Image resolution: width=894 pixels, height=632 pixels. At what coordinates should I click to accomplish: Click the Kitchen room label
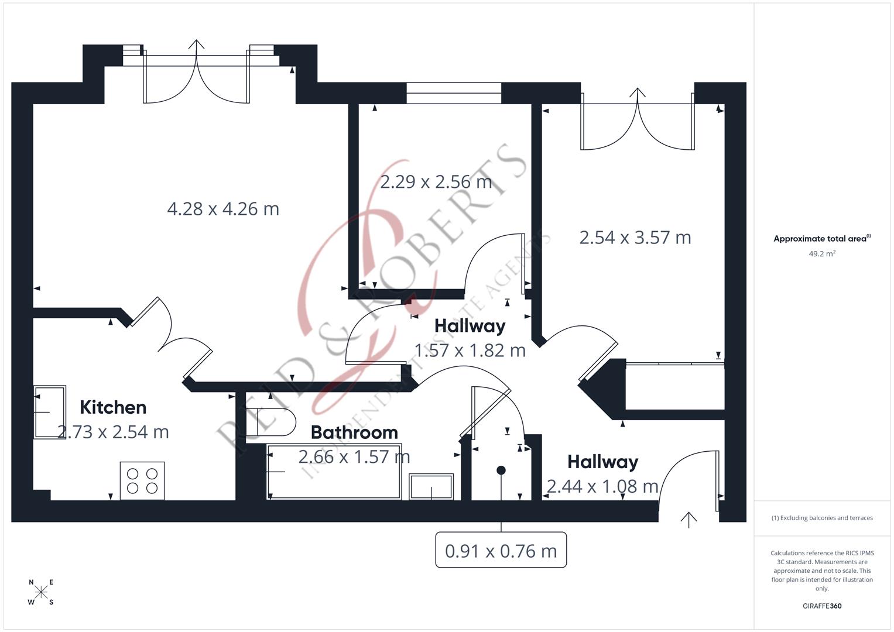(113, 407)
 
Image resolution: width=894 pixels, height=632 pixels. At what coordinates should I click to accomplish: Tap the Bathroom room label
(354, 432)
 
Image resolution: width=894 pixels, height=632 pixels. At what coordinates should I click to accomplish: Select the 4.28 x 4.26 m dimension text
(223, 209)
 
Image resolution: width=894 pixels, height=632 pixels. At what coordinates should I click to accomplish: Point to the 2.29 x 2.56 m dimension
(436, 182)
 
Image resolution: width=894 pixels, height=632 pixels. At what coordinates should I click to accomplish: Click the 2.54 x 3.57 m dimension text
(635, 238)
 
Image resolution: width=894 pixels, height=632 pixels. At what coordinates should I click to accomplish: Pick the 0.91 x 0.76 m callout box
(501, 551)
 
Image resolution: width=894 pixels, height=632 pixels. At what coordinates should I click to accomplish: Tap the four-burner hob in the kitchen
(142, 480)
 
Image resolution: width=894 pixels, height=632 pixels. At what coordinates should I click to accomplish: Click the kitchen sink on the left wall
(50, 412)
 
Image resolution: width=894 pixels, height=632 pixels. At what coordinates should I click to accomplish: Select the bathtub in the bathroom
(334, 472)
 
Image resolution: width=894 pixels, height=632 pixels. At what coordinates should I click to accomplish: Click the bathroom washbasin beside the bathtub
(431, 486)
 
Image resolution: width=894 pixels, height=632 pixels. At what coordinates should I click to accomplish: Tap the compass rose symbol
(41, 592)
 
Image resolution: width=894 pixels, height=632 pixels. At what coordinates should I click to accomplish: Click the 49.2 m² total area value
(822, 254)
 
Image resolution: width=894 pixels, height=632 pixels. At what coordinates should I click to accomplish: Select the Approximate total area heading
(821, 239)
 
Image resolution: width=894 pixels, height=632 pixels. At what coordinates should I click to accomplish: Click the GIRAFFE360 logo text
(822, 606)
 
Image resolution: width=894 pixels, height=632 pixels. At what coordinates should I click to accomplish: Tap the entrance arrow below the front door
(689, 519)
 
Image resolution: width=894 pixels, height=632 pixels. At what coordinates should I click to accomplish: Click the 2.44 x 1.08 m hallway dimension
(602, 486)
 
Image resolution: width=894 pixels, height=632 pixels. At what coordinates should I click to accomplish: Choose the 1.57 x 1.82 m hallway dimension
(470, 351)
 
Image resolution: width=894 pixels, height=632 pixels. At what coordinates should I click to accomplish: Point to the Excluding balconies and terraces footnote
(822, 518)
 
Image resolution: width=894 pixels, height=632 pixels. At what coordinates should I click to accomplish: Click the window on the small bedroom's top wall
(454, 93)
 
